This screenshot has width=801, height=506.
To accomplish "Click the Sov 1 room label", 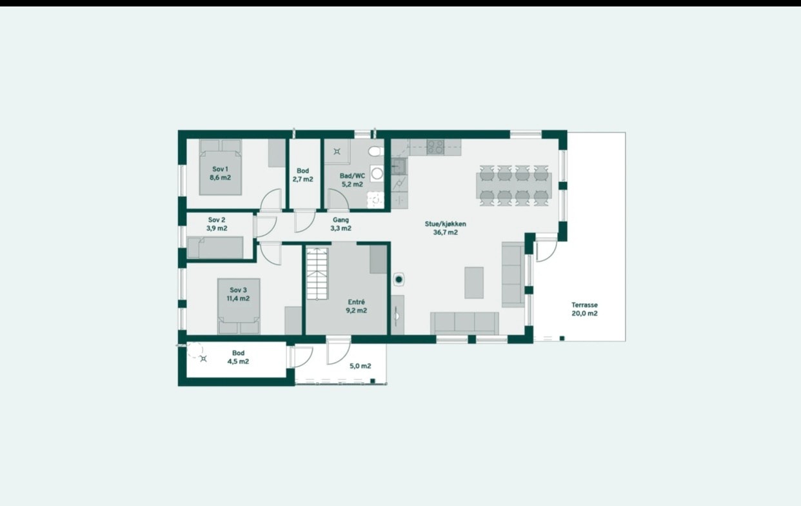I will click(220, 169).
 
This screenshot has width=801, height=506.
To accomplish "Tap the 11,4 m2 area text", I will click(237, 299).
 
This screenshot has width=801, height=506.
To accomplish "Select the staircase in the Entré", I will click(317, 273).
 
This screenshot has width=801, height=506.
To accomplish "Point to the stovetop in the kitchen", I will click(435, 147).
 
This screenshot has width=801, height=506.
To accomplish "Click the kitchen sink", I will click(399, 167).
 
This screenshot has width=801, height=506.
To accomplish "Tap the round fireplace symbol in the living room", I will click(400, 279).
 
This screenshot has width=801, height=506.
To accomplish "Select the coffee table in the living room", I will click(474, 283).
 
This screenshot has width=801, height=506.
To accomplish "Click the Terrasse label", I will click(584, 305).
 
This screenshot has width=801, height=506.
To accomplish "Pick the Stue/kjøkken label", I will click(445, 224).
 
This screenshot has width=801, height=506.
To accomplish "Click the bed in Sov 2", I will click(215, 248).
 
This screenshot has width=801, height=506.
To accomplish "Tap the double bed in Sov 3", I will click(238, 307).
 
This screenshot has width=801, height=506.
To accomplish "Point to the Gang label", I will click(341, 220).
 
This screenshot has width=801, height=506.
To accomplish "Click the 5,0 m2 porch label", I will click(361, 366).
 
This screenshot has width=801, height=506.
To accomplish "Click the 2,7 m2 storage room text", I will click(302, 179).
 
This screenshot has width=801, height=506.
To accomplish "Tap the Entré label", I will click(356, 301).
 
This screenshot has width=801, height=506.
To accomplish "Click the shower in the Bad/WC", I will click(337, 152).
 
